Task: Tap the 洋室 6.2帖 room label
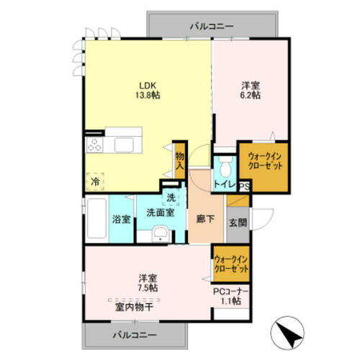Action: pos(250,89)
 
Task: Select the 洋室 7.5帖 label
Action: pos(149,282)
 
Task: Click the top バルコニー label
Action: pos(212,25)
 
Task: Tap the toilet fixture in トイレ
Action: pos(225,170)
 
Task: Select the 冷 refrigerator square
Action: pos(95,182)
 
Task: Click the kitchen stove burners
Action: pos(95,144)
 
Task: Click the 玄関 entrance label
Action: pos(237,222)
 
